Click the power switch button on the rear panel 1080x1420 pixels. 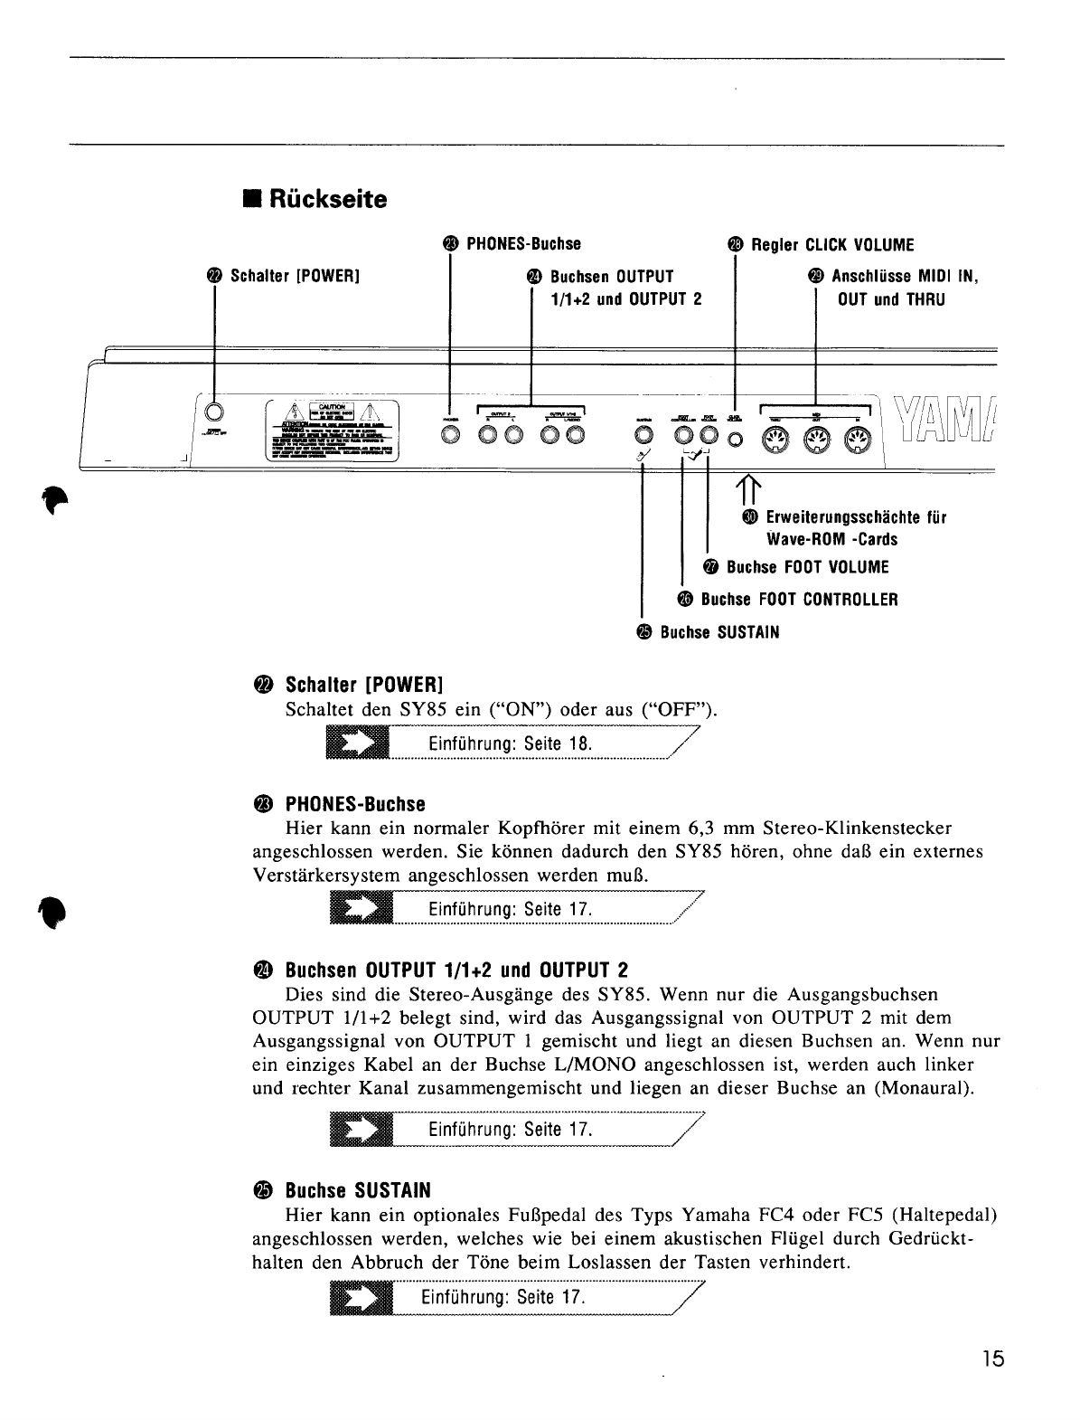[x=213, y=412]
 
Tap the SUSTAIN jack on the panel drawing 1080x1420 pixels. [x=643, y=437]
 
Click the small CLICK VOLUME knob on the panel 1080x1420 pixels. [x=735, y=440]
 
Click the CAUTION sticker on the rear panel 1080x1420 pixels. [x=333, y=430]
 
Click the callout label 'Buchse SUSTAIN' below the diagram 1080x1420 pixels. [x=718, y=632]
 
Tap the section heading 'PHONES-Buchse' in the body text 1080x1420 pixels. [x=355, y=804]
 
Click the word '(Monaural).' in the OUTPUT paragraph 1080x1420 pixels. [x=925, y=1088]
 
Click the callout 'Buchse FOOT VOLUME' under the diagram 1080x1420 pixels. [x=807, y=567]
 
